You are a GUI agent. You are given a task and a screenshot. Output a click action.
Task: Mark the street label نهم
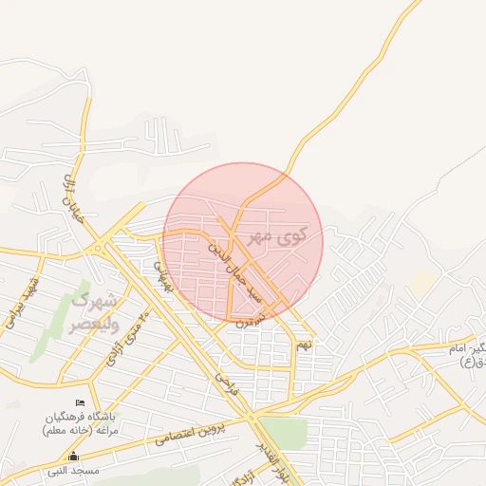pos(304,344)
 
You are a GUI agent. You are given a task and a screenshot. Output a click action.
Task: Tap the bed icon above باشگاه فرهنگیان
pos(80,403)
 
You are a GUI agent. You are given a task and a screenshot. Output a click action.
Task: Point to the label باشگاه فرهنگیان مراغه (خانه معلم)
pos(80,423)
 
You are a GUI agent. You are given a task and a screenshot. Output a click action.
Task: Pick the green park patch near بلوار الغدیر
pos(286,433)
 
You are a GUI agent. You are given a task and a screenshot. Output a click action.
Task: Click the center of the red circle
pos(242,243)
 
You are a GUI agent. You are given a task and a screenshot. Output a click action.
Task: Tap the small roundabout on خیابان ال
pos(99,249)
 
